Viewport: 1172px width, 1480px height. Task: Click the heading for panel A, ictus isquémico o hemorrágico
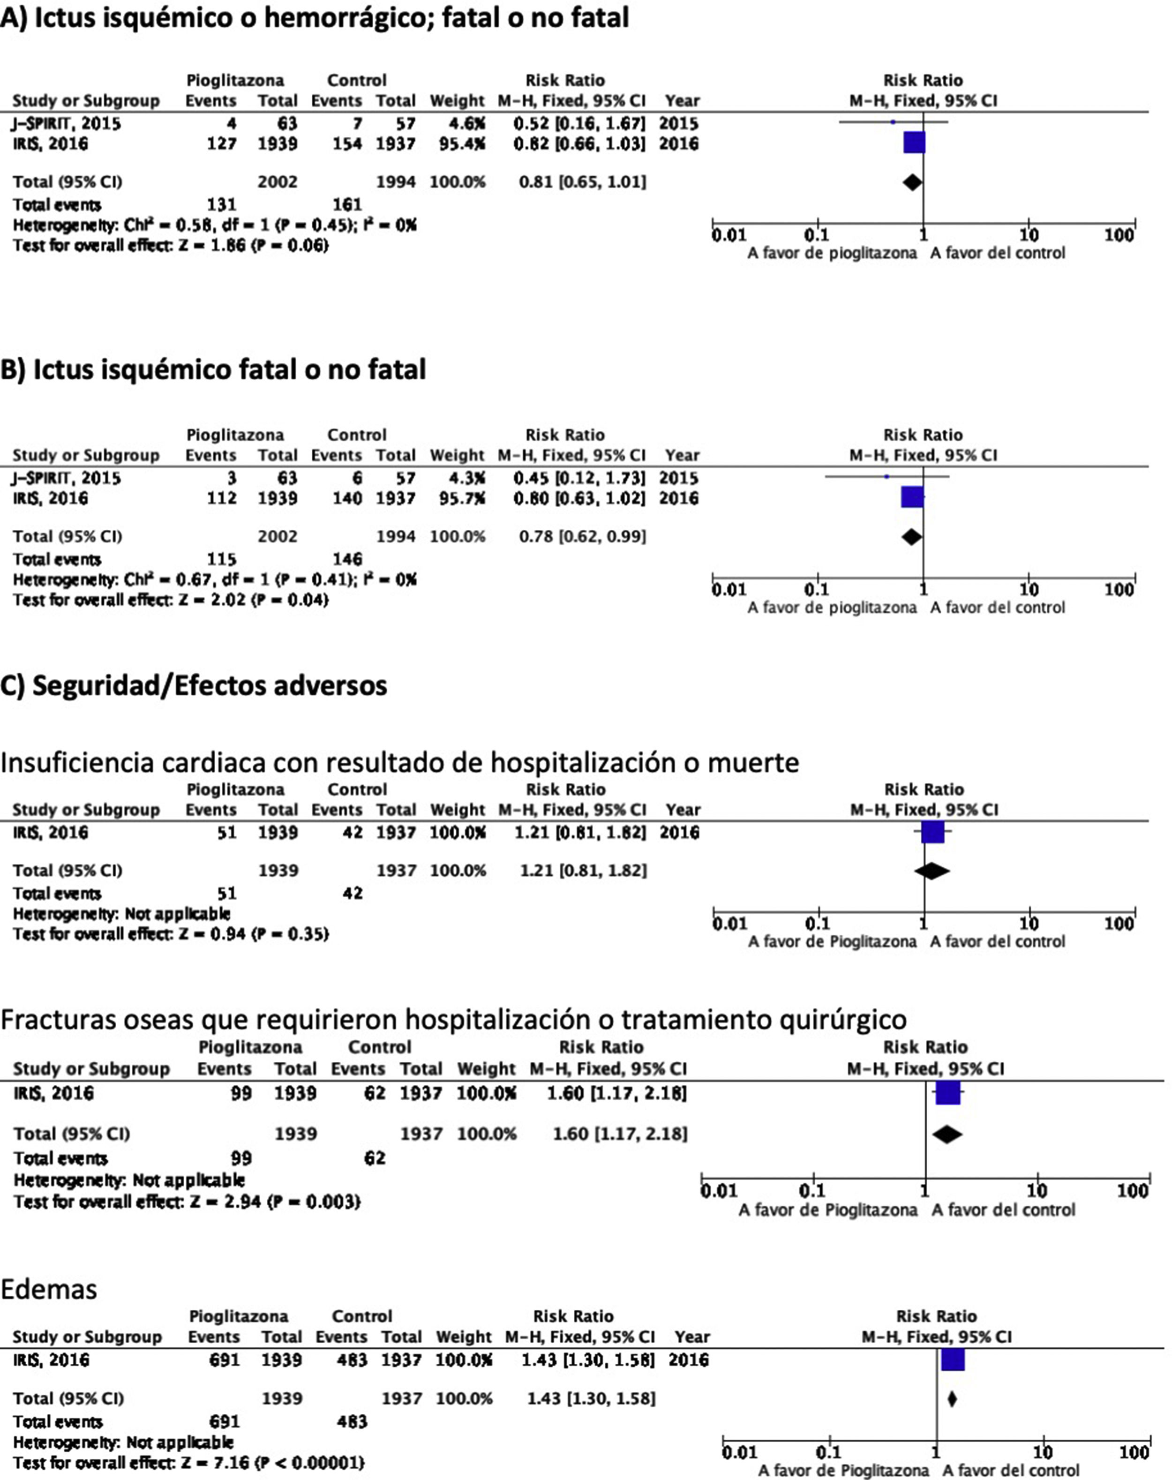[x=314, y=18]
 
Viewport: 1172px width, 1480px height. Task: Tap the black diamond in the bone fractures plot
[x=947, y=1134]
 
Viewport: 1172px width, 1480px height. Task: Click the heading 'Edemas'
[x=49, y=1289]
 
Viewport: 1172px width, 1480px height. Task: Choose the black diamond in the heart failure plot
[x=931, y=871]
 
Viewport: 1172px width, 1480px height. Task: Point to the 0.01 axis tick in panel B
[x=728, y=589]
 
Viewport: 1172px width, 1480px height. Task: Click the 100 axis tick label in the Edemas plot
[x=1132, y=1452]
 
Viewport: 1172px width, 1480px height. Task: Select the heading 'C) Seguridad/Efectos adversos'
[x=194, y=685]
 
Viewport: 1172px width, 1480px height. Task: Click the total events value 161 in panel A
[x=347, y=204]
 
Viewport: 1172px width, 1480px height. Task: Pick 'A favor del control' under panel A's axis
[x=997, y=253]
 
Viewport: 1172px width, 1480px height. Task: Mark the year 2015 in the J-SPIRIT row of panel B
[x=679, y=478]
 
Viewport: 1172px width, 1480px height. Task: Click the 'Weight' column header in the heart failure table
[x=458, y=810]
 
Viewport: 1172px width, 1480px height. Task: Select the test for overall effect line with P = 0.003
[x=187, y=1202]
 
